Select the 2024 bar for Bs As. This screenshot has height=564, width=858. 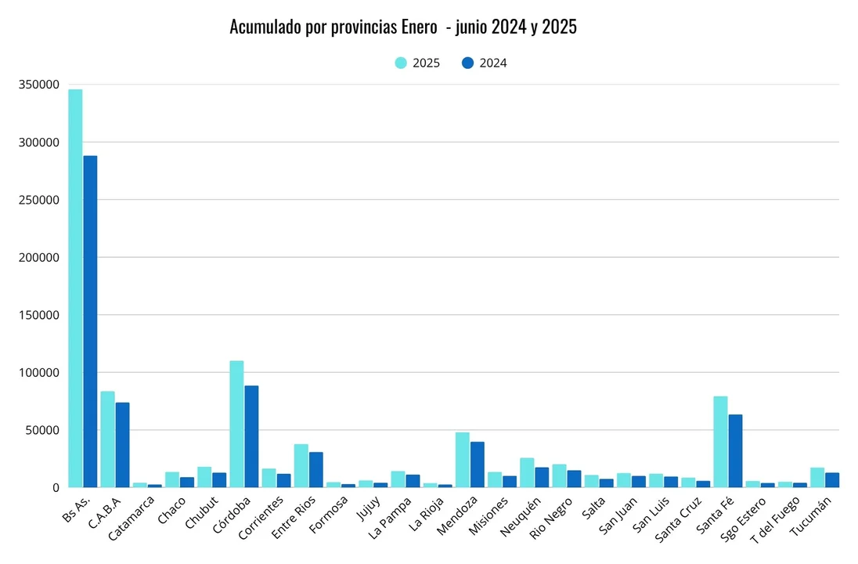[91, 321]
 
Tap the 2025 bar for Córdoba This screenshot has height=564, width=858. [236, 424]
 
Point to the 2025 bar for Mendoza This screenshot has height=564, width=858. [463, 460]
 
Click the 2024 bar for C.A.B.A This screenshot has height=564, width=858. [123, 445]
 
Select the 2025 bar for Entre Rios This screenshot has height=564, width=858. [301, 465]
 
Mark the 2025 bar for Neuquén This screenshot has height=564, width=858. [527, 472]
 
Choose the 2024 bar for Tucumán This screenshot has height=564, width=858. [832, 479]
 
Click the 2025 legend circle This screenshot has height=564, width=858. [401, 63]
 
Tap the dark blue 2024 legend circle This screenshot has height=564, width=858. [468, 63]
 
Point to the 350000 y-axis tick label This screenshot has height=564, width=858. [40, 85]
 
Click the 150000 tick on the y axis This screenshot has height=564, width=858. [40, 315]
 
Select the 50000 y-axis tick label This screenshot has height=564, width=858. [43, 430]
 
